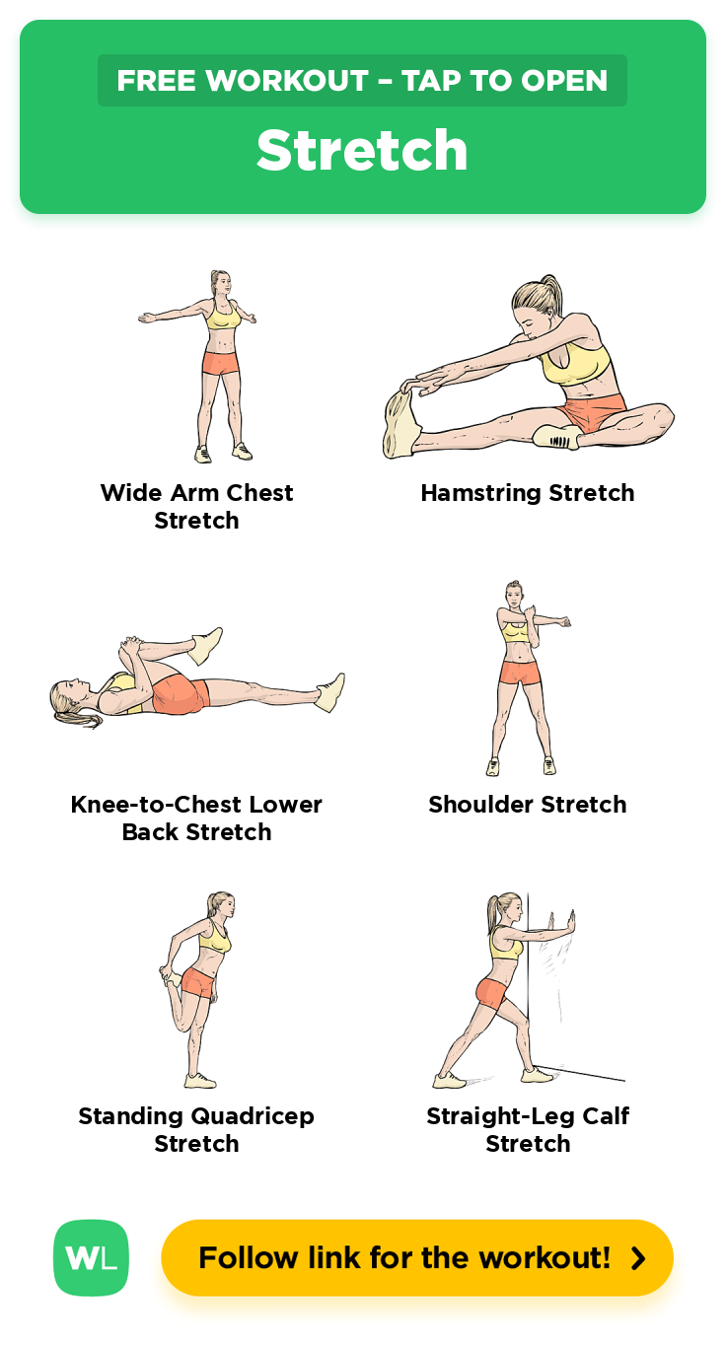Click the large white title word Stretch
(362, 150)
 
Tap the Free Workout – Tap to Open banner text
(362, 80)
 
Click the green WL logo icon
(91, 1258)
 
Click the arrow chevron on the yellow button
(638, 1258)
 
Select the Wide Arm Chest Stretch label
(196, 507)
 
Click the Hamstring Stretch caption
(528, 493)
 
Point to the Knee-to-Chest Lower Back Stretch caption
(196, 818)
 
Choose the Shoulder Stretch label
(528, 805)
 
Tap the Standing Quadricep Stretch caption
(196, 1129)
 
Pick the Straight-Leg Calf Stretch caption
(528, 1129)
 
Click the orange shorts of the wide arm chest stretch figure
(221, 363)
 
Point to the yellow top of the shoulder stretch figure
(515, 632)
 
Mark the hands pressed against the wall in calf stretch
(561, 923)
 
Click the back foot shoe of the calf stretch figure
(449, 1080)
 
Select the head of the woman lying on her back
(71, 699)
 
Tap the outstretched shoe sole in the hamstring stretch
(400, 424)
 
